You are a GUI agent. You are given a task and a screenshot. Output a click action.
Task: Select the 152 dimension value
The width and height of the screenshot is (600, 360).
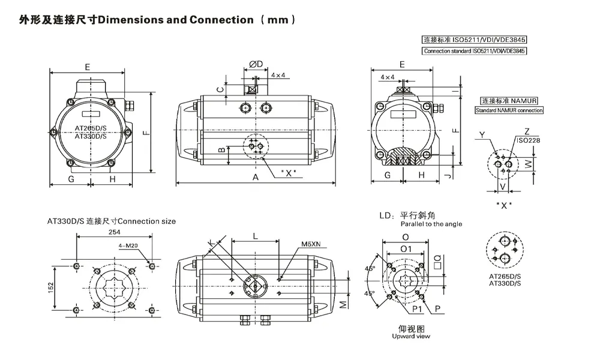point(52,287)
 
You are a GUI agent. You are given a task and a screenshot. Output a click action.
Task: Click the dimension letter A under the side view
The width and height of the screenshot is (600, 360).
point(256,178)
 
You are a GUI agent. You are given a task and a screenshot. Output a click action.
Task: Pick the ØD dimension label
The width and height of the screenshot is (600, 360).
point(256,64)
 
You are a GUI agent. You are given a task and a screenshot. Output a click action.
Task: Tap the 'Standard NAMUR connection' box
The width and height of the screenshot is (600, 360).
point(509,110)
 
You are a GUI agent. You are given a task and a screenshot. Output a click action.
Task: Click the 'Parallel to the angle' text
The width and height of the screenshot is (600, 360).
point(431,224)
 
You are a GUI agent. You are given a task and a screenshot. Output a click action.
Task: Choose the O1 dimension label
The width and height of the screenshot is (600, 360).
point(406,248)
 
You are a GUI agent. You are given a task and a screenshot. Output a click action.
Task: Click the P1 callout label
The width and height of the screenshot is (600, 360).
point(416,309)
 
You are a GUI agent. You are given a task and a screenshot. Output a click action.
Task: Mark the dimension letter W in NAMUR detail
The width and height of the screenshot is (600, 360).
point(529,163)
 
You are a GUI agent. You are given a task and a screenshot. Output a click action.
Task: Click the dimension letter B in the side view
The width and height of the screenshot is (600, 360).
point(221,149)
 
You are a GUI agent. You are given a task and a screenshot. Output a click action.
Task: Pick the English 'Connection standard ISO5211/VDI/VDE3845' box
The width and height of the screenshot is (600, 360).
point(474,51)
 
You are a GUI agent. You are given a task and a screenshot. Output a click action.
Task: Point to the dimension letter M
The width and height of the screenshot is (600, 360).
point(343,305)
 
